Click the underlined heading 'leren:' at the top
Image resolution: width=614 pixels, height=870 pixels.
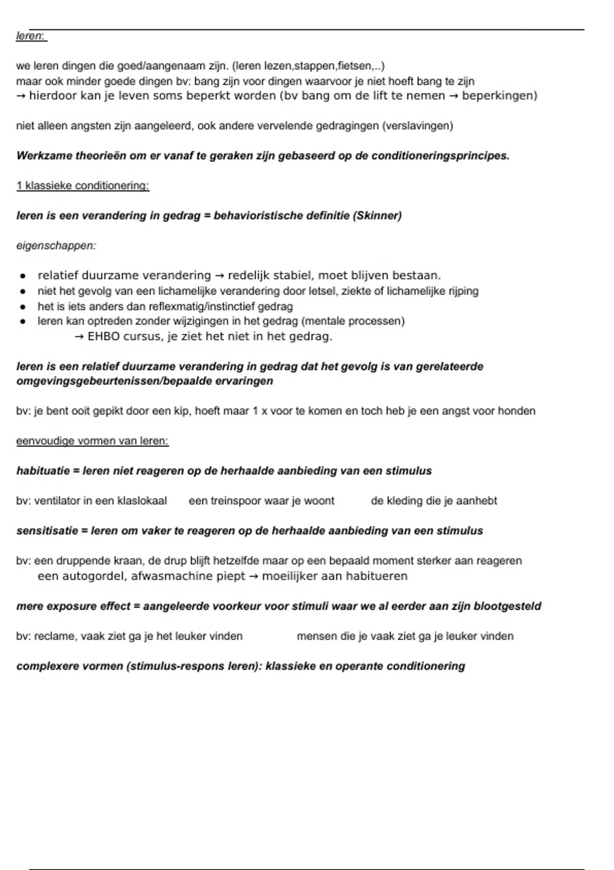[x=31, y=36]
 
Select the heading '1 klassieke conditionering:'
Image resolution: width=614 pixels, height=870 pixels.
[x=82, y=186]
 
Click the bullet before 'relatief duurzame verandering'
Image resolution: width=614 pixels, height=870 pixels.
[x=23, y=276]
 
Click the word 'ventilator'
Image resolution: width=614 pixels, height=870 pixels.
[x=57, y=501]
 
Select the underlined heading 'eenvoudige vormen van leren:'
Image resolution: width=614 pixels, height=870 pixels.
[x=93, y=441]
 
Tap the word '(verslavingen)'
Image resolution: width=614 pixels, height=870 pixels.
[x=417, y=126]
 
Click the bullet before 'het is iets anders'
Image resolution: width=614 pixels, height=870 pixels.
[x=23, y=307]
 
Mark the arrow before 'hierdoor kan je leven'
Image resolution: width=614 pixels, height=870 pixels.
[x=21, y=96]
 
